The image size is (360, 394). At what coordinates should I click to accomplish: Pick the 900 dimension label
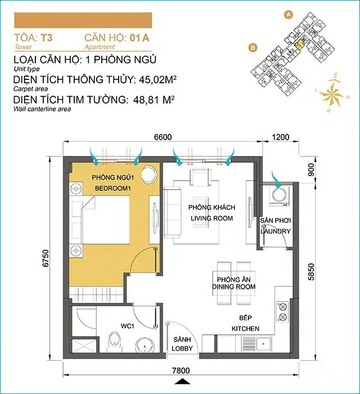(x=311, y=170)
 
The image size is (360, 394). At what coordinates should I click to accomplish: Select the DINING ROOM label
(x=234, y=286)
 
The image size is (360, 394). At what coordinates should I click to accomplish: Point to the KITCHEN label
(x=245, y=328)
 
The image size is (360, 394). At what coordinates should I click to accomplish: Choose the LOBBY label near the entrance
(x=183, y=348)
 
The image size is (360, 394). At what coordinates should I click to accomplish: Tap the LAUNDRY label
(x=275, y=231)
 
